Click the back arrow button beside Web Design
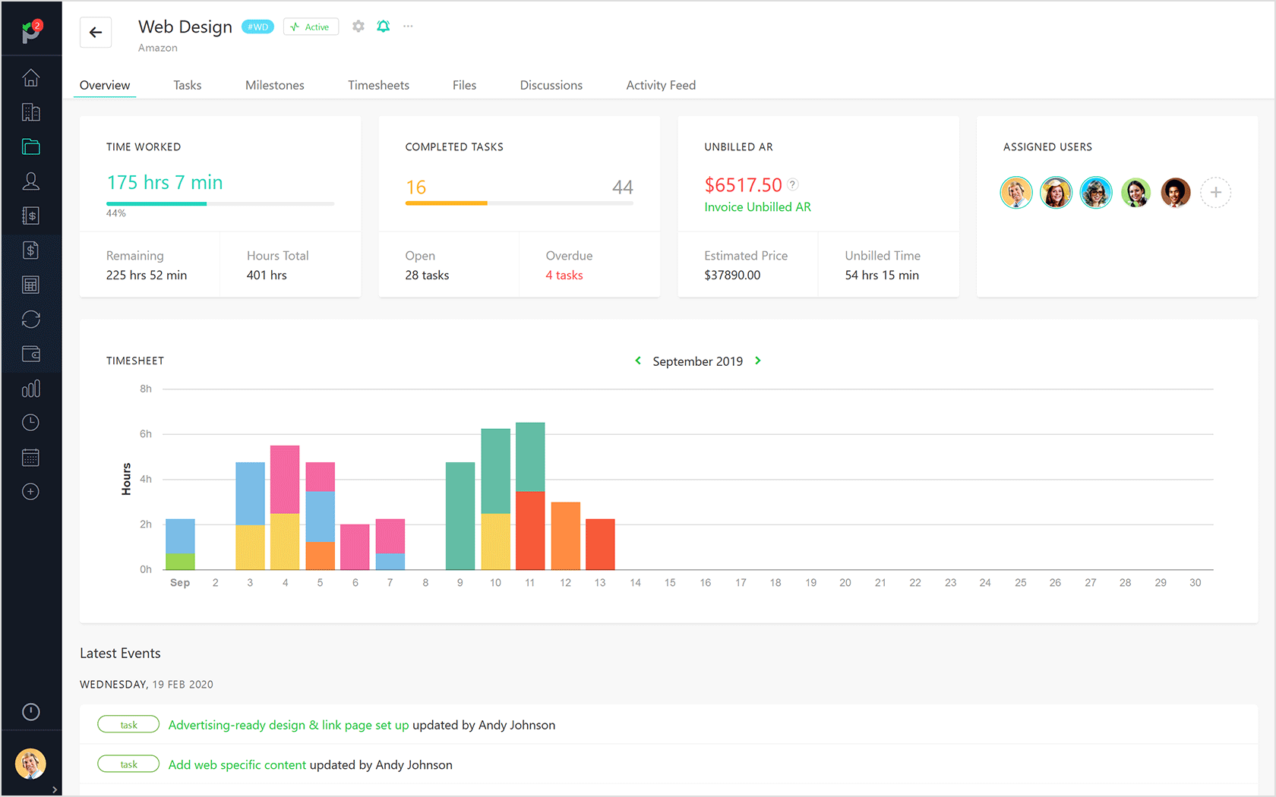coord(96,32)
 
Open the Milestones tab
coord(274,85)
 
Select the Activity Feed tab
coord(661,85)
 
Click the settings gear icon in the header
coord(358,27)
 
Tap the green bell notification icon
coord(384,27)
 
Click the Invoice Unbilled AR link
coord(757,207)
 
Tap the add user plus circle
coord(1215,193)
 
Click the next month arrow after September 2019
coord(758,361)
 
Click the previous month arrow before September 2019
coord(638,361)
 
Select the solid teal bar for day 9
coord(460,516)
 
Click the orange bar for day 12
coord(566,536)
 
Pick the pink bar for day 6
coord(355,547)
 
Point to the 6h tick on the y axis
coord(146,434)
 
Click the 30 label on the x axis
coord(1195,583)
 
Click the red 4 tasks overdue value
coord(564,276)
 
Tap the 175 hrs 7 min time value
coord(165,183)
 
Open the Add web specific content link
coord(237,765)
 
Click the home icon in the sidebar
coord(31,78)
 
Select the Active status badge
coord(311,27)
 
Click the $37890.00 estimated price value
coord(732,276)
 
